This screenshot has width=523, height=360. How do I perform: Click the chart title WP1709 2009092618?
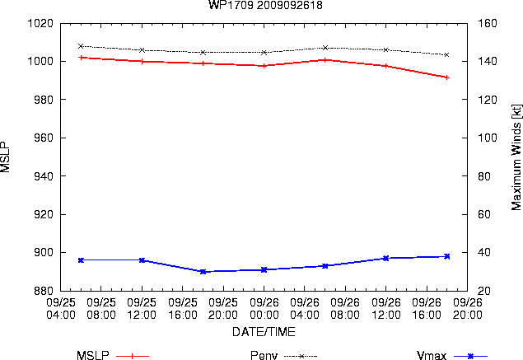(265, 5)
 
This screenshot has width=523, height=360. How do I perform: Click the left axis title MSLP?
(5, 157)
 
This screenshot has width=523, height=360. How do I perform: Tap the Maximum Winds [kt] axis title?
(516, 157)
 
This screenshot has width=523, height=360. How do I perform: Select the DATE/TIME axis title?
(264, 332)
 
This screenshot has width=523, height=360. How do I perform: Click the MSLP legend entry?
(113, 355)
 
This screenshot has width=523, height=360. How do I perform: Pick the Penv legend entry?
(283, 355)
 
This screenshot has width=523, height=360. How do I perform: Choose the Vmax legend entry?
(452, 355)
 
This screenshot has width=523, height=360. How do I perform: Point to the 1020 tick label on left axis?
(40, 23)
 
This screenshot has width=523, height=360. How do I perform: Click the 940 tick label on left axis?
(44, 175)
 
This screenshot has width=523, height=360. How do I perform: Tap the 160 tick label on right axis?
(487, 23)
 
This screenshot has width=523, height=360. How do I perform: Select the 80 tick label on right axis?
(483, 175)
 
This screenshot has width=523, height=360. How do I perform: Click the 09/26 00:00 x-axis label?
(264, 309)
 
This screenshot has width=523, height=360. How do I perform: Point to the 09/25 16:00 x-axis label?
(183, 309)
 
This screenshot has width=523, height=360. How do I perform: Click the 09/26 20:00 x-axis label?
(467, 309)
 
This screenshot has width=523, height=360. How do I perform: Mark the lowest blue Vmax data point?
(203, 272)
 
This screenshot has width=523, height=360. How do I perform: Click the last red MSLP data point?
(447, 77)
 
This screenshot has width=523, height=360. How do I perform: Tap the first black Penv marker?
(81, 46)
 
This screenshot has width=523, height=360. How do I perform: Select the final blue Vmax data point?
(447, 256)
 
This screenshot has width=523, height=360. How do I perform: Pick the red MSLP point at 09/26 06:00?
(325, 60)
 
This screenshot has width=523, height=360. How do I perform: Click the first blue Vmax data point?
(81, 259)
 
